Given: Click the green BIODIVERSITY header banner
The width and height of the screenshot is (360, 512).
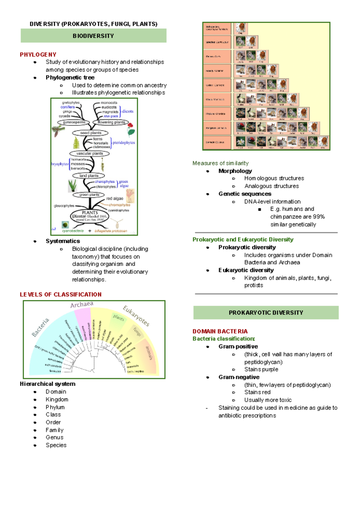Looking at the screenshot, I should [x=93, y=36].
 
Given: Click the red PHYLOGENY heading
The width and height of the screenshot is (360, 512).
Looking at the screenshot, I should [x=38, y=55].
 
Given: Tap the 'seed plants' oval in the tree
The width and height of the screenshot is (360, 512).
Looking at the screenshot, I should [x=90, y=133].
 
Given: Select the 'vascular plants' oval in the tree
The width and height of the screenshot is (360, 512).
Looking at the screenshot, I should [x=89, y=153].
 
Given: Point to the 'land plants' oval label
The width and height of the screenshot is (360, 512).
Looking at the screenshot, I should [x=89, y=176].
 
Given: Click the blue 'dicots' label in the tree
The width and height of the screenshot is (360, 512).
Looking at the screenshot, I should [x=127, y=111].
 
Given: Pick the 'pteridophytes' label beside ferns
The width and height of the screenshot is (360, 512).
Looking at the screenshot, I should [x=124, y=143].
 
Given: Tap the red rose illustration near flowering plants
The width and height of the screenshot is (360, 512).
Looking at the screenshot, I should [x=131, y=129].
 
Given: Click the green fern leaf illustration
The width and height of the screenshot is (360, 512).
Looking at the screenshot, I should [x=76, y=143].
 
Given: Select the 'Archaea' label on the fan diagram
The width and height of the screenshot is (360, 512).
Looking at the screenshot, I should [x=82, y=305].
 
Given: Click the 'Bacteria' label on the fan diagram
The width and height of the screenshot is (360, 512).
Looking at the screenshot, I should [x=40, y=328].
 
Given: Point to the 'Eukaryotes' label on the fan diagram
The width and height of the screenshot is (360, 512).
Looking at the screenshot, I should [x=136, y=316].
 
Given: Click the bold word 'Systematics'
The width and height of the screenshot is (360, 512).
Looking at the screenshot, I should [x=63, y=241].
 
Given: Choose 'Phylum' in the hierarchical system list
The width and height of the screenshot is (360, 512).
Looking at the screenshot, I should [x=55, y=407].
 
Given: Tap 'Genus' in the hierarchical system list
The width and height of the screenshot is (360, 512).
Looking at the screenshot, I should [x=55, y=438].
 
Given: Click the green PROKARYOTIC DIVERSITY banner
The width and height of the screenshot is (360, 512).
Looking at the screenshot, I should [x=266, y=313].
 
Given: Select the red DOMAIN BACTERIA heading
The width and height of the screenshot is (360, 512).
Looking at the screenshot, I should [x=220, y=331].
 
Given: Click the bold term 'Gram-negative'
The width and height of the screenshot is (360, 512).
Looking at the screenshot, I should [x=239, y=377].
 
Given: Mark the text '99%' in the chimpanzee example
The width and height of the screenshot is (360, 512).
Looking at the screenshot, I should [x=318, y=217].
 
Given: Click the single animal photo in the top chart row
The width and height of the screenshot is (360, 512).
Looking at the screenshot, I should [x=240, y=28].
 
